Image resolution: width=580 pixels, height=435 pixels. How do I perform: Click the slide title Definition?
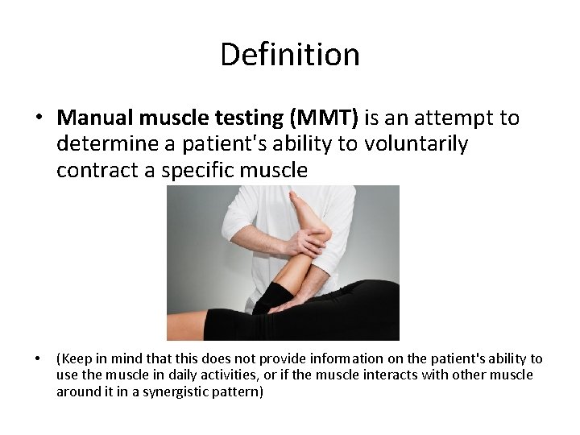pos(289,55)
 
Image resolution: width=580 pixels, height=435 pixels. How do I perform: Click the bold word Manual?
pos(96,118)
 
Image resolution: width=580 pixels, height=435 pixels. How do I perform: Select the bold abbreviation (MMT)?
pos(322,118)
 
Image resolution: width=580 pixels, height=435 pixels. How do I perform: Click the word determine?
pos(101,144)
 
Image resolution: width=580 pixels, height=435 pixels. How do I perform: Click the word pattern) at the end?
pos(239,391)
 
